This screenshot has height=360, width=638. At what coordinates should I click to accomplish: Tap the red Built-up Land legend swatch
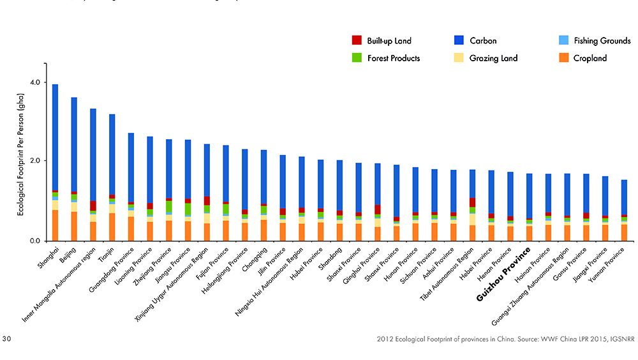point(357,41)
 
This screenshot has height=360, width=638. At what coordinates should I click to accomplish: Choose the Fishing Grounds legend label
point(602,41)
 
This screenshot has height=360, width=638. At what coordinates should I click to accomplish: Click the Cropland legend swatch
point(563,58)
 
